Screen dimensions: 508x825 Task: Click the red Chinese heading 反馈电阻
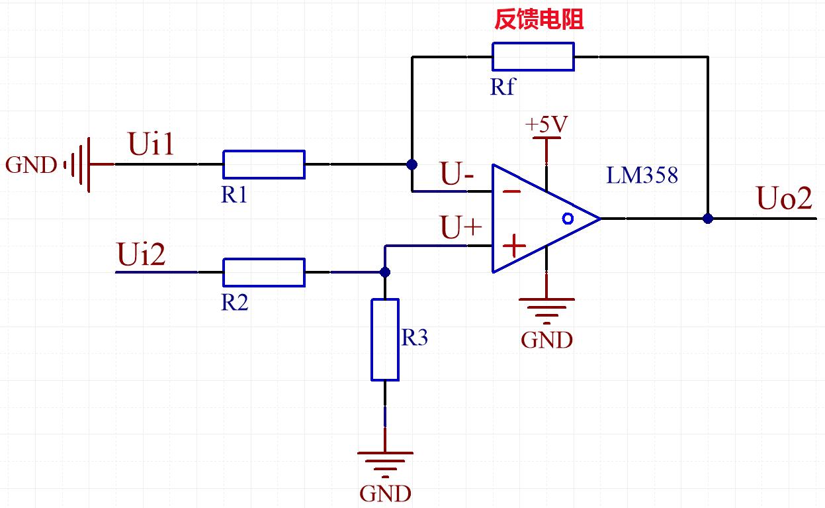tap(539, 21)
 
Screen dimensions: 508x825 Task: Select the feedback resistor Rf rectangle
tap(533, 56)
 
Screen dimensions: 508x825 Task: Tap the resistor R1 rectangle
tap(264, 164)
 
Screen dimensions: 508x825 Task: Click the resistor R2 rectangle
tap(264, 272)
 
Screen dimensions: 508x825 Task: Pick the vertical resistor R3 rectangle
tap(385, 340)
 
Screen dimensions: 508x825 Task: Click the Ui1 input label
tap(152, 145)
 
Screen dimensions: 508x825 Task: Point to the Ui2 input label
tap(142, 254)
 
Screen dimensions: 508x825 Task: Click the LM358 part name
tap(642, 176)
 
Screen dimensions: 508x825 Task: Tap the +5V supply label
tap(546, 125)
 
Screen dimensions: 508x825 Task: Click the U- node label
tap(458, 176)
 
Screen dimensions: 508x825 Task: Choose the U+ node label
tap(462, 229)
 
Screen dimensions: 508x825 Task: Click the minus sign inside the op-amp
tap(511, 191)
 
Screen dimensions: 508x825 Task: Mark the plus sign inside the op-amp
tap(514, 246)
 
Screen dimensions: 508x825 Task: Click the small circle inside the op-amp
tap(566, 218)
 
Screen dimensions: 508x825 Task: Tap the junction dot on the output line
tap(708, 218)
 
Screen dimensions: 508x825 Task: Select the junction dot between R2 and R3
tap(385, 272)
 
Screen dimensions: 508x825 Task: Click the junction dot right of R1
tap(412, 164)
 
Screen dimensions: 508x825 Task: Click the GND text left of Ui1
tap(31, 165)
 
